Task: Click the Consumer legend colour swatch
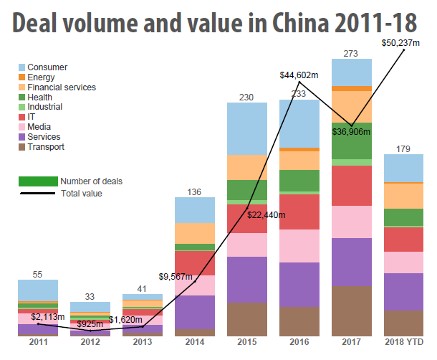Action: [x=21, y=67]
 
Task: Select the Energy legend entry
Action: [x=40, y=77]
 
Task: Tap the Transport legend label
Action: [x=45, y=147]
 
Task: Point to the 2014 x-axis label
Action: [x=195, y=343]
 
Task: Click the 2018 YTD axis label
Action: [x=404, y=343]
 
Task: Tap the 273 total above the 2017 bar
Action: [x=352, y=53]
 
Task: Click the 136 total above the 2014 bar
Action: [x=195, y=191]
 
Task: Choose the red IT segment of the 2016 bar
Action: [x=299, y=212]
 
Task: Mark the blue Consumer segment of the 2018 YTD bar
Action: [x=404, y=169]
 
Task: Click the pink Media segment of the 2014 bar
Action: [x=195, y=285]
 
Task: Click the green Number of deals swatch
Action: [x=39, y=181]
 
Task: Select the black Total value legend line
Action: [x=39, y=194]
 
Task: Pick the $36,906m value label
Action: [x=352, y=131]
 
